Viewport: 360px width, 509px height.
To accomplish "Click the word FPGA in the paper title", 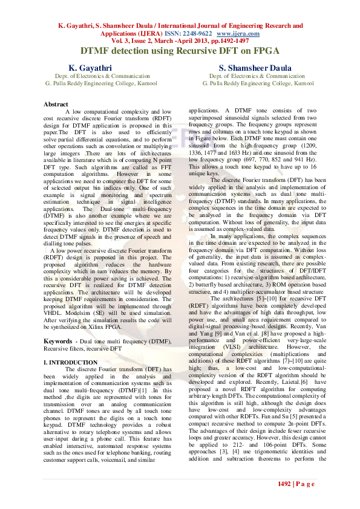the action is [266, 52].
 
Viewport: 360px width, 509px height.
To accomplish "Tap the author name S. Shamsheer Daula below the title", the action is [256, 68].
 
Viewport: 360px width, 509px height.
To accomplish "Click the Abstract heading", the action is [56, 105].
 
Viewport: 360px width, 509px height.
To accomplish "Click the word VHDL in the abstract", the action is [54, 314].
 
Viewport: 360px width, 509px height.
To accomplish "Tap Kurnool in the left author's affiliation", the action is [137, 83].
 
